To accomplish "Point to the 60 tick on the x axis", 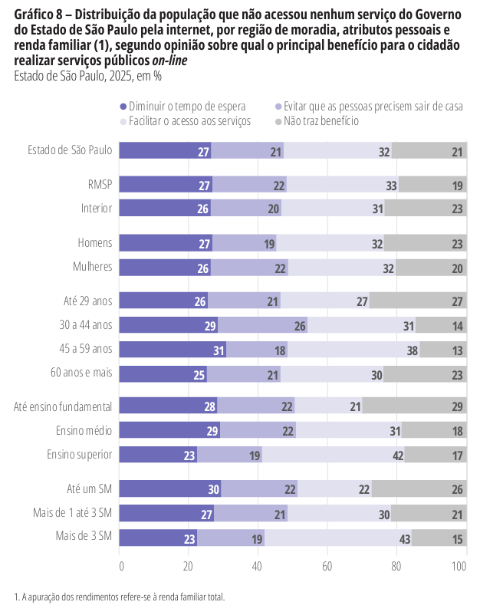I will coord(327,567).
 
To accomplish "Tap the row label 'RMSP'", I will coord(100,185).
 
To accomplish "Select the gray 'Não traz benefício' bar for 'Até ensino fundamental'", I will coord(415,406).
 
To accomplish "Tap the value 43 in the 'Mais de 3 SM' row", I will coord(406,539).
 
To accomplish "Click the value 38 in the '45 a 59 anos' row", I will coord(413,350).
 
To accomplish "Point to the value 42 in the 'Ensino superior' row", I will coord(398,455).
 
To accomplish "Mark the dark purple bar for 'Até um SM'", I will coord(171,488).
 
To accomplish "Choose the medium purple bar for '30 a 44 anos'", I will coord(263,325).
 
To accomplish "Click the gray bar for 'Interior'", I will coord(426,209).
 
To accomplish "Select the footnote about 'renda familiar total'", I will coord(119,596).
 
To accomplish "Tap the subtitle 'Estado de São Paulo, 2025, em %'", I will coord(88,75).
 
